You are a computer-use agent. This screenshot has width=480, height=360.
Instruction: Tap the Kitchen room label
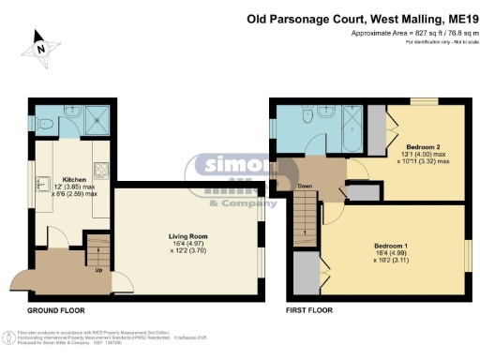click(x=74, y=178)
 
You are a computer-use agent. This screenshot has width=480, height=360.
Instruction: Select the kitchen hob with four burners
click(x=107, y=172)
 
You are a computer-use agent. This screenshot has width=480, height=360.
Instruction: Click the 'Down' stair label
click(x=305, y=185)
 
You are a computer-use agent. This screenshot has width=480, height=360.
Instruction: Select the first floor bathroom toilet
click(x=309, y=115)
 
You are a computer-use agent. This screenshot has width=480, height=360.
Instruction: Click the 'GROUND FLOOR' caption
click(x=54, y=308)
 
